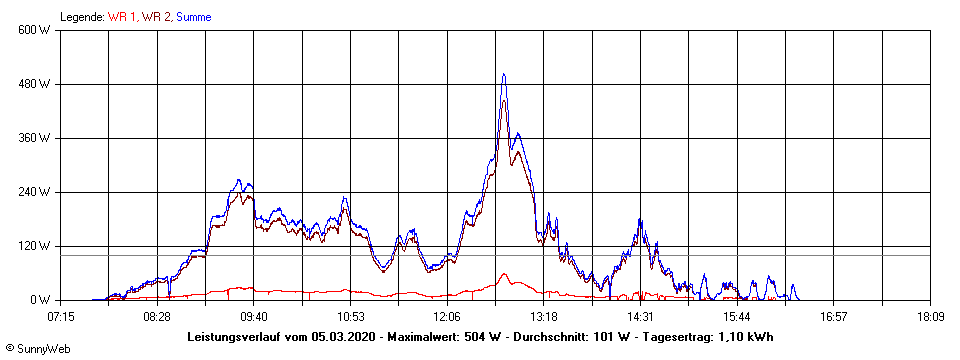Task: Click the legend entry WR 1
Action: coord(123,17)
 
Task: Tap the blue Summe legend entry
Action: coord(194,17)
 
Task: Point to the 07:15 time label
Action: coord(60,316)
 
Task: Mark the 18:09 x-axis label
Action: coord(930,316)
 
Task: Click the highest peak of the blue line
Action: coord(503,74)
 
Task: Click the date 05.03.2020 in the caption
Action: coord(345,337)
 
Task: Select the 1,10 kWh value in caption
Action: coord(745,337)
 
